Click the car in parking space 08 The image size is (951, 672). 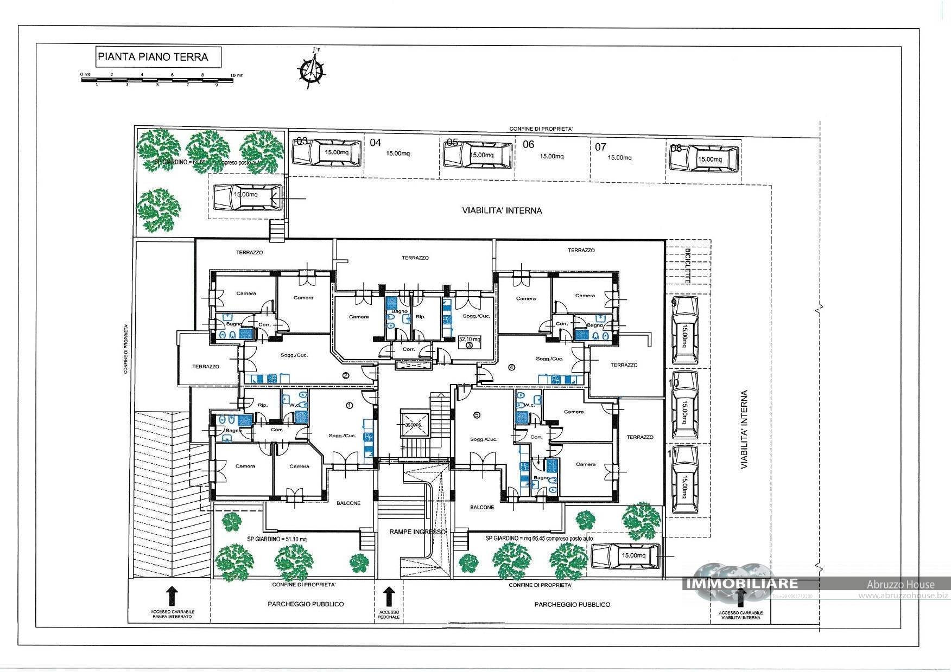coord(704,159)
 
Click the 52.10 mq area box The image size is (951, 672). coord(470,342)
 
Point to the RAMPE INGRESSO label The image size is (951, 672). coord(417,532)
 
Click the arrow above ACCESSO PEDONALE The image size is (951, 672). coord(389,596)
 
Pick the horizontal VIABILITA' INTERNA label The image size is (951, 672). coord(502,210)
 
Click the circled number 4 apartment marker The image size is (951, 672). coord(511,367)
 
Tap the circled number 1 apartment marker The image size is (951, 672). coord(350,405)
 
